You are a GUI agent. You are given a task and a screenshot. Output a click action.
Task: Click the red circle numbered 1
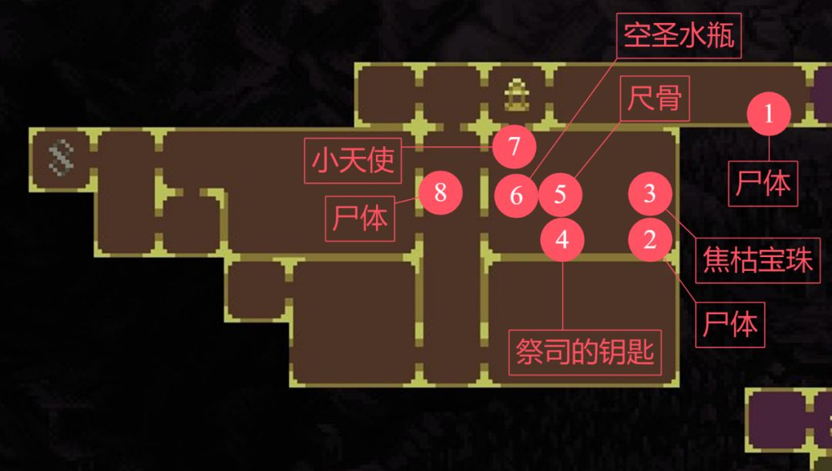tap(769, 113)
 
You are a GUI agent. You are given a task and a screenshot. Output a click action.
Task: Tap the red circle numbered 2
tap(650, 239)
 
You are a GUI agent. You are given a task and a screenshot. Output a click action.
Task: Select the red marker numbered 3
tap(650, 194)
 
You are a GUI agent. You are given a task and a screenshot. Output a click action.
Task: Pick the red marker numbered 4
tap(562, 239)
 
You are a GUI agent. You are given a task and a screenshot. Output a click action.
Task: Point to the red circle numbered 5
tap(560, 195)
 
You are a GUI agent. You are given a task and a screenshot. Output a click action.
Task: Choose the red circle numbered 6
tap(516, 195)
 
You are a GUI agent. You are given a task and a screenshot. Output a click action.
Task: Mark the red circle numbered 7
tap(514, 146)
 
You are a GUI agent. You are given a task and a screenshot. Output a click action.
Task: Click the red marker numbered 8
tap(441, 192)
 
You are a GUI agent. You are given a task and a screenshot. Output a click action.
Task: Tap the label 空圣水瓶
tap(679, 35)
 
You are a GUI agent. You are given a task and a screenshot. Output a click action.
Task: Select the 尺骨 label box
tap(655, 99)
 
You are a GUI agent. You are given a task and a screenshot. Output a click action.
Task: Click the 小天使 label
tap(353, 161)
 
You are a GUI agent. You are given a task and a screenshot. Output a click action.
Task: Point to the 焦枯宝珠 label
tap(758, 260)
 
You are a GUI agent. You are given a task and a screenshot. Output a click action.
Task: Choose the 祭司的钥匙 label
tap(585, 352)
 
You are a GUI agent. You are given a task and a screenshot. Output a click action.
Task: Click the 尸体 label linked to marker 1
tap(763, 184)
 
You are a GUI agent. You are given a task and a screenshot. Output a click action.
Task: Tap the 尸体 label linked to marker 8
tap(360, 219)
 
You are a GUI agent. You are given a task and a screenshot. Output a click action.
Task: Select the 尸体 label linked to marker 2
tap(730, 325)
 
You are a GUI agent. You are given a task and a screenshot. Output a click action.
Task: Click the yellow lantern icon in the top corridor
tap(516, 95)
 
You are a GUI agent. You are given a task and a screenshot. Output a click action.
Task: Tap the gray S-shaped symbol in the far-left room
tap(61, 157)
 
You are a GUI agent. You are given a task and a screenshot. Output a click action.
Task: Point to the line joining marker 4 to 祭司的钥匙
tap(562, 296)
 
